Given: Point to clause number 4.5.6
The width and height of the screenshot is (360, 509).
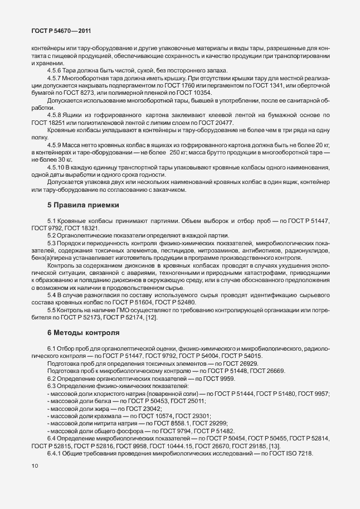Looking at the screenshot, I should click(x=55, y=71).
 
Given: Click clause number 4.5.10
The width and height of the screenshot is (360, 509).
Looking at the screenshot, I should click(x=57, y=168).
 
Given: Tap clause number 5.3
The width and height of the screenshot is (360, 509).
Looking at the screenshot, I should click(x=52, y=243).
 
